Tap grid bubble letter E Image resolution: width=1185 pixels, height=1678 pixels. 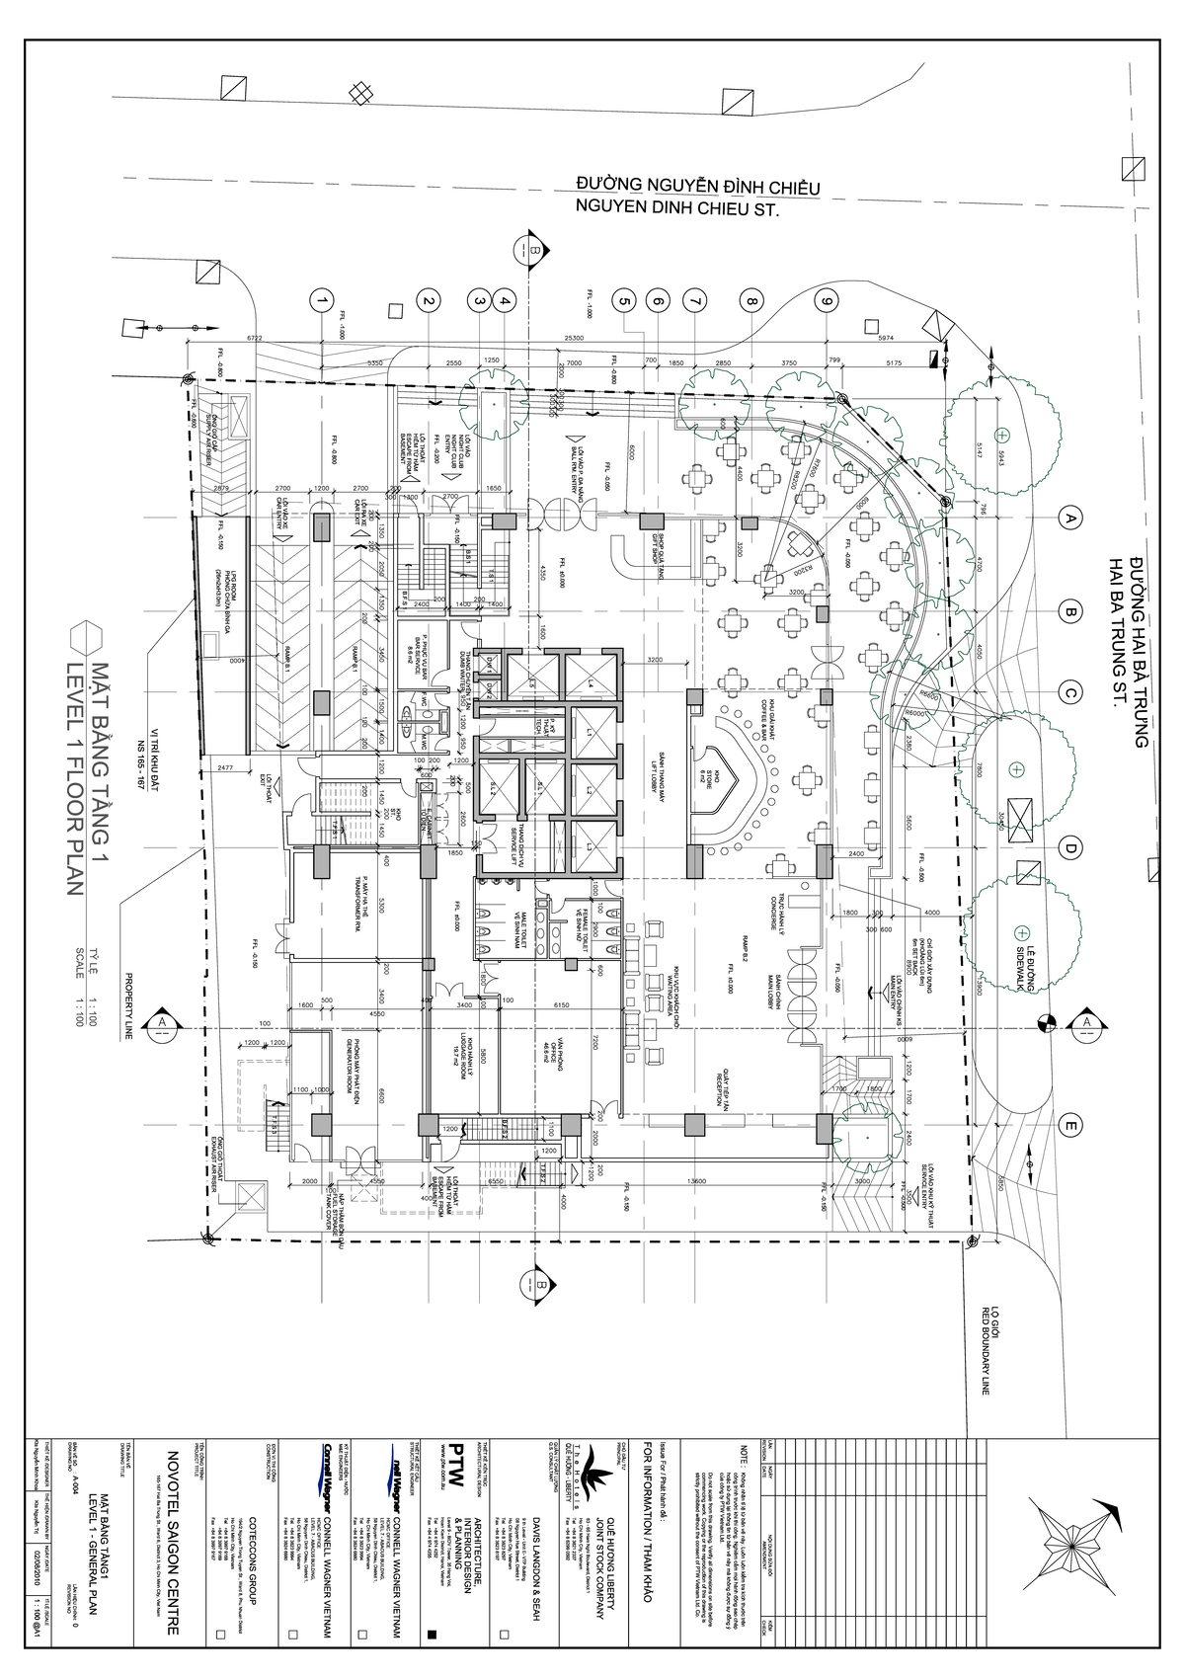point(1068,1125)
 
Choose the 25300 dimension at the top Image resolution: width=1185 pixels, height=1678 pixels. point(574,338)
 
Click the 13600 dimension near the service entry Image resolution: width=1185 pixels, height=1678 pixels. point(698,1180)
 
